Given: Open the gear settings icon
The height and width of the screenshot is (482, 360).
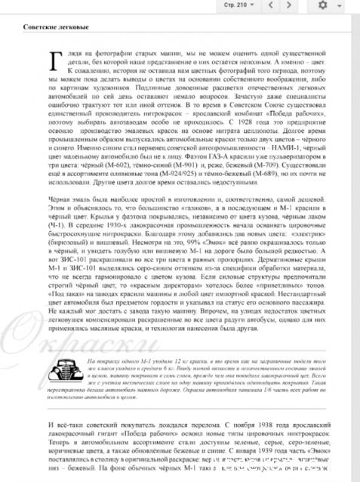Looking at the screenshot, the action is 324,5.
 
